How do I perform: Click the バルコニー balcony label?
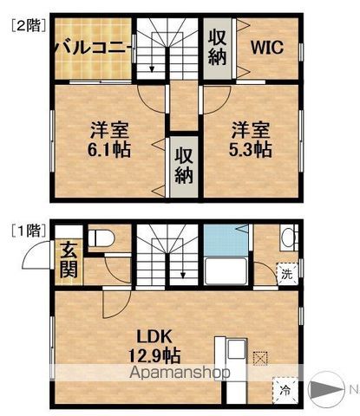[x=93, y=47]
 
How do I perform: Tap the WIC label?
[x=267, y=48]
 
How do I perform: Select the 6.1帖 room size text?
[x=109, y=149]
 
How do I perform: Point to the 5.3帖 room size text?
[x=251, y=149]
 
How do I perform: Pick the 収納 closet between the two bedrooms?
[x=184, y=166]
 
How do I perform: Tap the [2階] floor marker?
[x=29, y=25]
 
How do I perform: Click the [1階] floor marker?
[x=29, y=231]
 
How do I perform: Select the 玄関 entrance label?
[x=69, y=260]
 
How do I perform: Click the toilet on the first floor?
[x=101, y=238]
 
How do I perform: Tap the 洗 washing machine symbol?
[x=287, y=274]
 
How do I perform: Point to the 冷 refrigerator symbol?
[x=285, y=391]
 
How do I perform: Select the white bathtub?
[x=226, y=271]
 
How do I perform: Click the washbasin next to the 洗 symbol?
[x=288, y=238]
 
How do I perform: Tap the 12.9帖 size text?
[x=154, y=355]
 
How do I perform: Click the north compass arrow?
[x=326, y=390]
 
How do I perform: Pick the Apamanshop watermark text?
[x=180, y=373]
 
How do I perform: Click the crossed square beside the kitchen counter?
[x=260, y=359]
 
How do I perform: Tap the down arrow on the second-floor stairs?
[x=152, y=68]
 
